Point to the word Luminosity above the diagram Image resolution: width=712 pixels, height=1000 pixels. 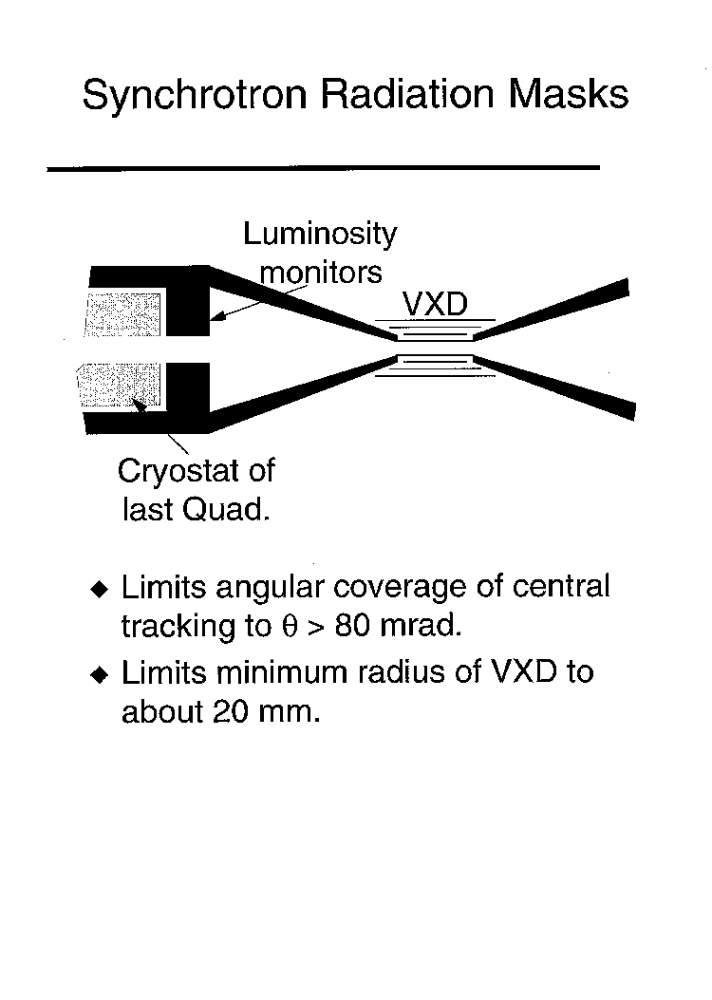click(x=320, y=235)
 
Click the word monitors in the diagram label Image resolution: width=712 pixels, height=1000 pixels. click(x=321, y=273)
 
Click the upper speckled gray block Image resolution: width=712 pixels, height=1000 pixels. click(x=122, y=313)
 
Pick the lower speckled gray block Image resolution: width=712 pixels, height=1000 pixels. click(x=120, y=386)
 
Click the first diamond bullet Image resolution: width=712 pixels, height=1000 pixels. click(x=99, y=589)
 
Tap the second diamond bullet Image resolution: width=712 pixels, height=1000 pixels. click(x=99, y=674)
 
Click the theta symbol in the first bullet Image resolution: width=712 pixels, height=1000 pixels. click(x=290, y=626)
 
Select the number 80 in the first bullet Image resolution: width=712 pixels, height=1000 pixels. click(x=352, y=626)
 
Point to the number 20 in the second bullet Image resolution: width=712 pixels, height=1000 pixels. click(x=230, y=711)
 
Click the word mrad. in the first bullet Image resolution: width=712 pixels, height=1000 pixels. click(x=420, y=626)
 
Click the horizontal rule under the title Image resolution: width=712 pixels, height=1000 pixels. click(x=323, y=168)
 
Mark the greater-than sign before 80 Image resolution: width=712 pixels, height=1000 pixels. click(x=316, y=627)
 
